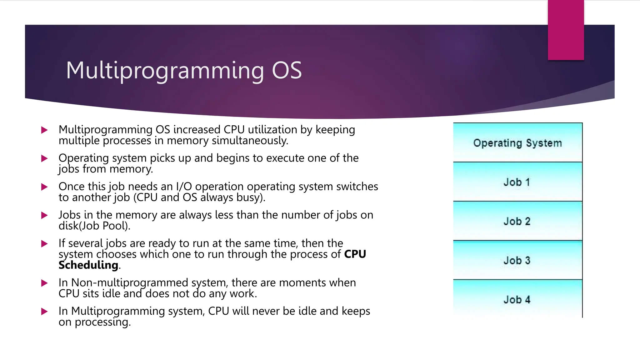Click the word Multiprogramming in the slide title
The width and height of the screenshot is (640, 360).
click(x=165, y=71)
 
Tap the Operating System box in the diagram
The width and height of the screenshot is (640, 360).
click(x=517, y=143)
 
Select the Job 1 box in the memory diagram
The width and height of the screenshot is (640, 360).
click(x=517, y=182)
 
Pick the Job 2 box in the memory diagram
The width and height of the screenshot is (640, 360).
click(x=517, y=221)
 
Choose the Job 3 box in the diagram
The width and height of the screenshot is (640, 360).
click(x=517, y=260)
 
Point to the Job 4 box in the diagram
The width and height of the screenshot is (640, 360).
click(x=517, y=299)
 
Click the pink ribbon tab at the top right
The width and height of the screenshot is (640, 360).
click(x=566, y=30)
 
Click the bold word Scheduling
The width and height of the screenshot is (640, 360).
click(x=88, y=265)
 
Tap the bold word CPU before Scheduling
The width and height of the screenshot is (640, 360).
click(x=355, y=254)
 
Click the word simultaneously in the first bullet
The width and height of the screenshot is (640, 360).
click(x=250, y=141)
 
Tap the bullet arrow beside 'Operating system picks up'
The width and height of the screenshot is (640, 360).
click(x=44, y=158)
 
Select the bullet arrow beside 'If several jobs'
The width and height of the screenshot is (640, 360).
click(x=44, y=244)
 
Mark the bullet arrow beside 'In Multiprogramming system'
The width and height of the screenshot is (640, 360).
click(x=44, y=312)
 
